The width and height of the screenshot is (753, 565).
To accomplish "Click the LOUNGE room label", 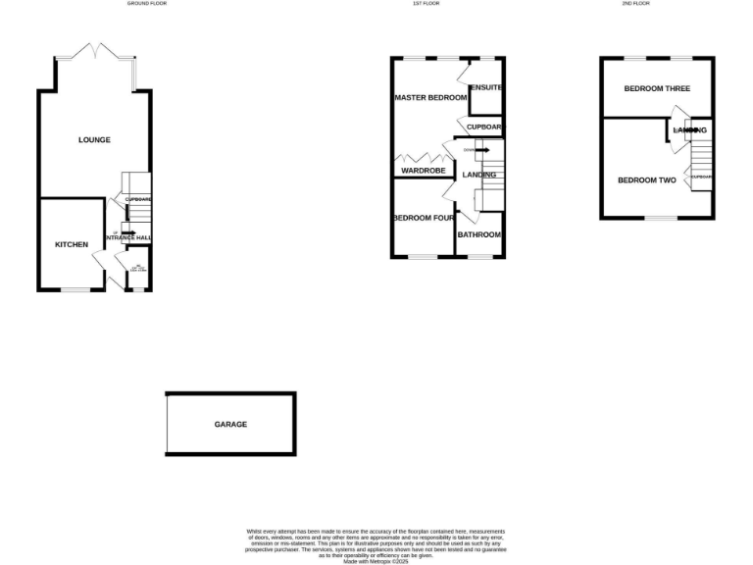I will click(x=94, y=140).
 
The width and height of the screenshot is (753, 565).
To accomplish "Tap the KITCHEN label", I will click(x=72, y=244).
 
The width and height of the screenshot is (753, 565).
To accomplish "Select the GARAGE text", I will click(x=230, y=425).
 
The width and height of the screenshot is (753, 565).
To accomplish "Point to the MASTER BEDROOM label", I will click(x=430, y=98).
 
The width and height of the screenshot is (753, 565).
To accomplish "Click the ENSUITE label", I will click(x=486, y=88).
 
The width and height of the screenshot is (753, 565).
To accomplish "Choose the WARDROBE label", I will click(x=421, y=171).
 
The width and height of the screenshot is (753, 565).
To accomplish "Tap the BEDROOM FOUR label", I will click(x=423, y=218).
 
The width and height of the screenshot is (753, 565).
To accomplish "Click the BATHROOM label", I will click(x=479, y=235).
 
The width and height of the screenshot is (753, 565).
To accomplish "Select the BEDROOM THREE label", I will click(x=657, y=88).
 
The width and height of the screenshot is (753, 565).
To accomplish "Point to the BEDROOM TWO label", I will click(x=647, y=180).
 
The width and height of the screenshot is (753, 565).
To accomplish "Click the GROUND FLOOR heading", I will click(x=146, y=4).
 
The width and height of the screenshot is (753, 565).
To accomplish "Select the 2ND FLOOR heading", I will click(x=635, y=4).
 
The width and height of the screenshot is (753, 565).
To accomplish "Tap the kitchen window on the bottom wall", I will click(x=75, y=289).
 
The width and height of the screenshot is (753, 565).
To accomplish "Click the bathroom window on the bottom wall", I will click(x=480, y=257).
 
